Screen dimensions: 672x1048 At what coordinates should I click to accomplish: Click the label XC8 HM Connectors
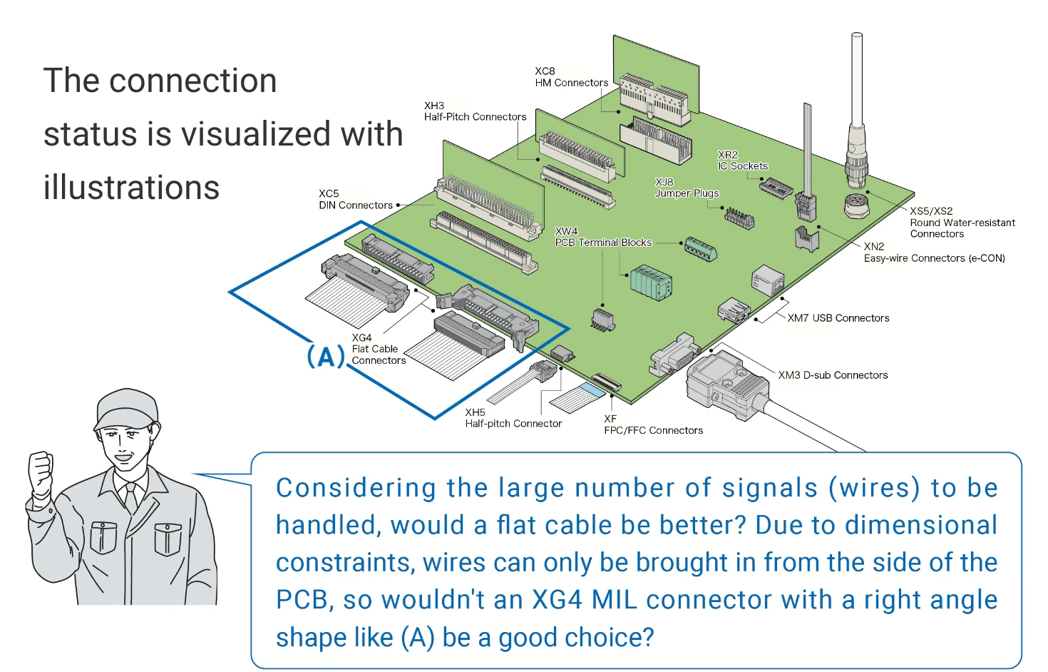coord(571,77)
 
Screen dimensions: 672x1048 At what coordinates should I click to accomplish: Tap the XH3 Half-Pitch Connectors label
coord(475,111)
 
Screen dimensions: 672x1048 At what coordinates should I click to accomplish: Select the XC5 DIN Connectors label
coord(355,200)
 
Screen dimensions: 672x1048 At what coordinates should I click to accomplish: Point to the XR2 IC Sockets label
coord(742,161)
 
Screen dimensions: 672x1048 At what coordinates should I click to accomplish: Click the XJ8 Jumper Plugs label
coord(687,188)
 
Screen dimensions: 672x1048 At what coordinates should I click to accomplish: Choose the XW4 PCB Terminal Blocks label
coord(603,237)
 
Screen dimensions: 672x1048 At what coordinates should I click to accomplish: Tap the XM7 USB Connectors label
coord(838,318)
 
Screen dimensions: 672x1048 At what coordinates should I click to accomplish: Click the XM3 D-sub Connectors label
coord(833,375)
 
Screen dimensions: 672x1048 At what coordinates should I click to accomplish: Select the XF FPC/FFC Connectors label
coord(653,424)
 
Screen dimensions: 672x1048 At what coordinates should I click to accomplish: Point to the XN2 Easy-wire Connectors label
coord(934,253)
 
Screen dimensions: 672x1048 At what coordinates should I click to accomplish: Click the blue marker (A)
coord(326,356)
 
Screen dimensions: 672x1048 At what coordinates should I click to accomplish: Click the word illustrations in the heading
coord(131,188)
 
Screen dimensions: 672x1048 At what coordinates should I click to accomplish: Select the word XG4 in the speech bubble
coord(557,600)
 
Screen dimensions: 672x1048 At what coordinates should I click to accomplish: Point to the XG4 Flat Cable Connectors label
coord(378,349)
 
